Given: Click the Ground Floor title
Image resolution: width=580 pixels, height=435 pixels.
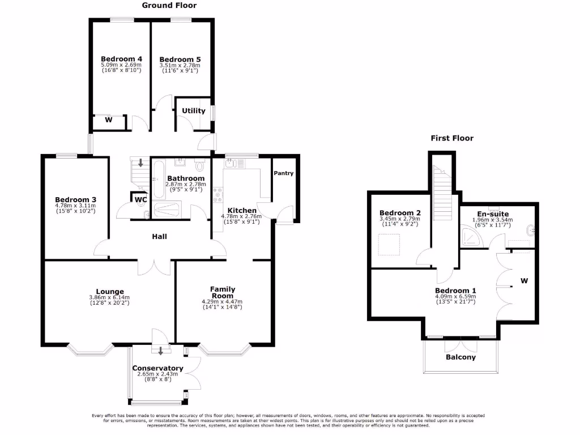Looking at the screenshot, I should pyautogui.click(x=169, y=6).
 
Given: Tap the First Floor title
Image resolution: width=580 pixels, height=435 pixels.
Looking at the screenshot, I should pyautogui.click(x=451, y=138).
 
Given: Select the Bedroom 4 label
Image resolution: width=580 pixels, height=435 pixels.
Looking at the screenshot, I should pyautogui.click(x=121, y=59).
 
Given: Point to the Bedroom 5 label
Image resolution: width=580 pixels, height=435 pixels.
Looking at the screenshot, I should pyautogui.click(x=180, y=59).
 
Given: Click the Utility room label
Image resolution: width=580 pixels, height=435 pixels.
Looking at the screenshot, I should pyautogui.click(x=194, y=111).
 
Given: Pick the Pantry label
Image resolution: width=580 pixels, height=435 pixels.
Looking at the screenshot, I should pyautogui.click(x=284, y=173).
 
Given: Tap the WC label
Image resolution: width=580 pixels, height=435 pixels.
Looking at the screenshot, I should pyautogui.click(x=140, y=199).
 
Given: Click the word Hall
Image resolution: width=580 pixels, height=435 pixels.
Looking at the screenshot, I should pyautogui.click(x=159, y=237).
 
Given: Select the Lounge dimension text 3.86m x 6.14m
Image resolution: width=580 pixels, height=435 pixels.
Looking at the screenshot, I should pyautogui.click(x=109, y=298).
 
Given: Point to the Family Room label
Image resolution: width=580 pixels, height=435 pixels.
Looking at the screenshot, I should pyautogui.click(x=222, y=292).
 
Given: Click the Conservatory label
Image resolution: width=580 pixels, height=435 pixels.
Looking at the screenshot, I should pyautogui.click(x=158, y=368).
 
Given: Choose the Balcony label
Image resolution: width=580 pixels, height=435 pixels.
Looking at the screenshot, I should pyautogui.click(x=460, y=357).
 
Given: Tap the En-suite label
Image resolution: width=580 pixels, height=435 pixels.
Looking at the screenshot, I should pyautogui.click(x=492, y=214).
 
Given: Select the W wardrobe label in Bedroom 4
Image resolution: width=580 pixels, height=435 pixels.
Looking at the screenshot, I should pyautogui.click(x=108, y=120).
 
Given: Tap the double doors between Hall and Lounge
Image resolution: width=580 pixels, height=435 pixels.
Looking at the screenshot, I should pyautogui.click(x=154, y=267).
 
